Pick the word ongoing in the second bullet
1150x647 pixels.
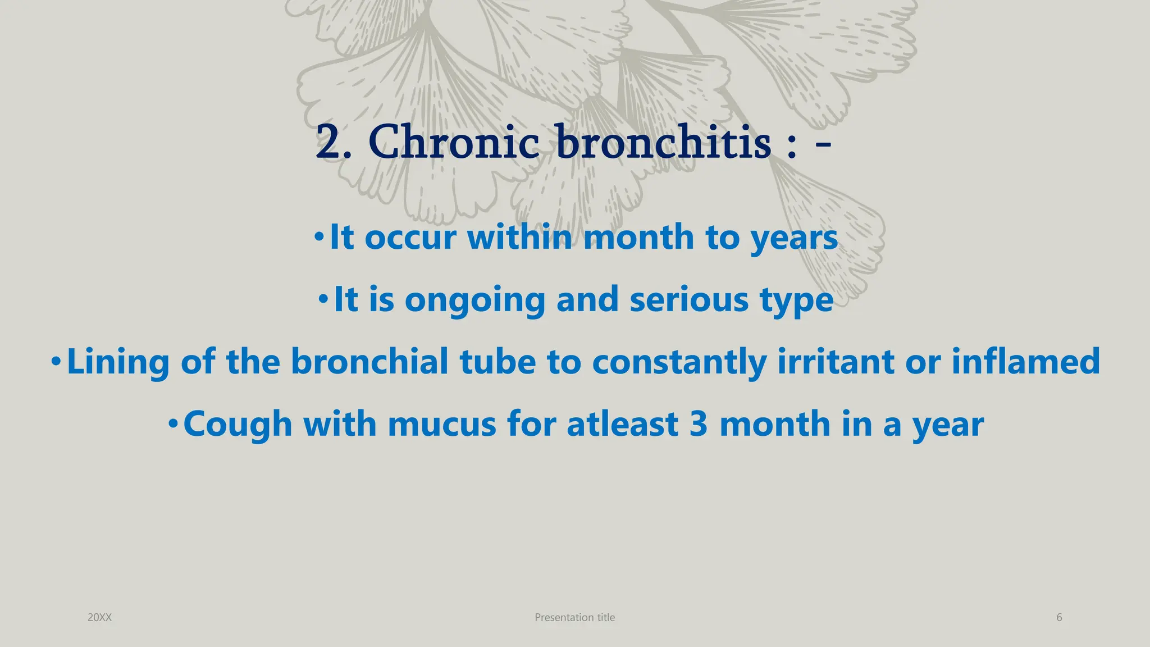click(x=474, y=300)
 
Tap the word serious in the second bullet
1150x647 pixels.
click(x=689, y=299)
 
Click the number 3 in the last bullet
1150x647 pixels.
click(x=698, y=424)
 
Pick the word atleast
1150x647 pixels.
click(x=622, y=424)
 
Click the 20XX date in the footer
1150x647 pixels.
click(x=99, y=617)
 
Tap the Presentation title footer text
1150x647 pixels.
click(x=574, y=617)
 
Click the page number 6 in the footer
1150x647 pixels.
click(x=1059, y=617)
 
